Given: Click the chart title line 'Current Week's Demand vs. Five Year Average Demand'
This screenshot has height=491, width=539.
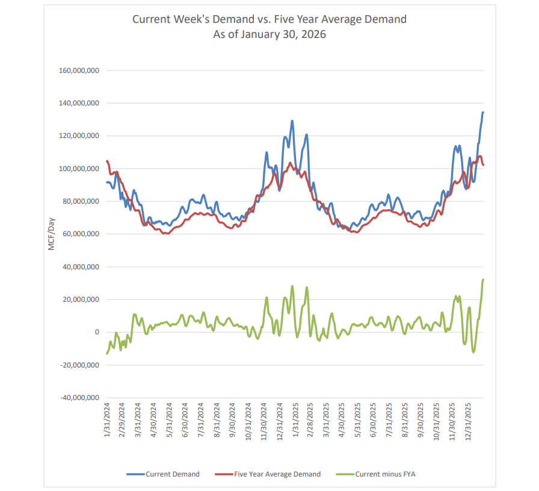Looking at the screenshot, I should point(269,19).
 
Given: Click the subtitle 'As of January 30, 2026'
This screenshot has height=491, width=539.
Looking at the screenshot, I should point(269,34).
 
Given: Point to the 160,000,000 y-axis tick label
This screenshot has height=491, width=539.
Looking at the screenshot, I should point(79,70).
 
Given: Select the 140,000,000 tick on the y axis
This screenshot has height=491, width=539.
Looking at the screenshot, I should point(79,104).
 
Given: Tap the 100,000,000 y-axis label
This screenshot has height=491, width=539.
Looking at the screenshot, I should point(79,169).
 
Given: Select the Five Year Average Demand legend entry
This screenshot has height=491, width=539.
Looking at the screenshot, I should point(268,474).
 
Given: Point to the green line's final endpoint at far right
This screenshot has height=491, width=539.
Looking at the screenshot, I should point(483,280).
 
